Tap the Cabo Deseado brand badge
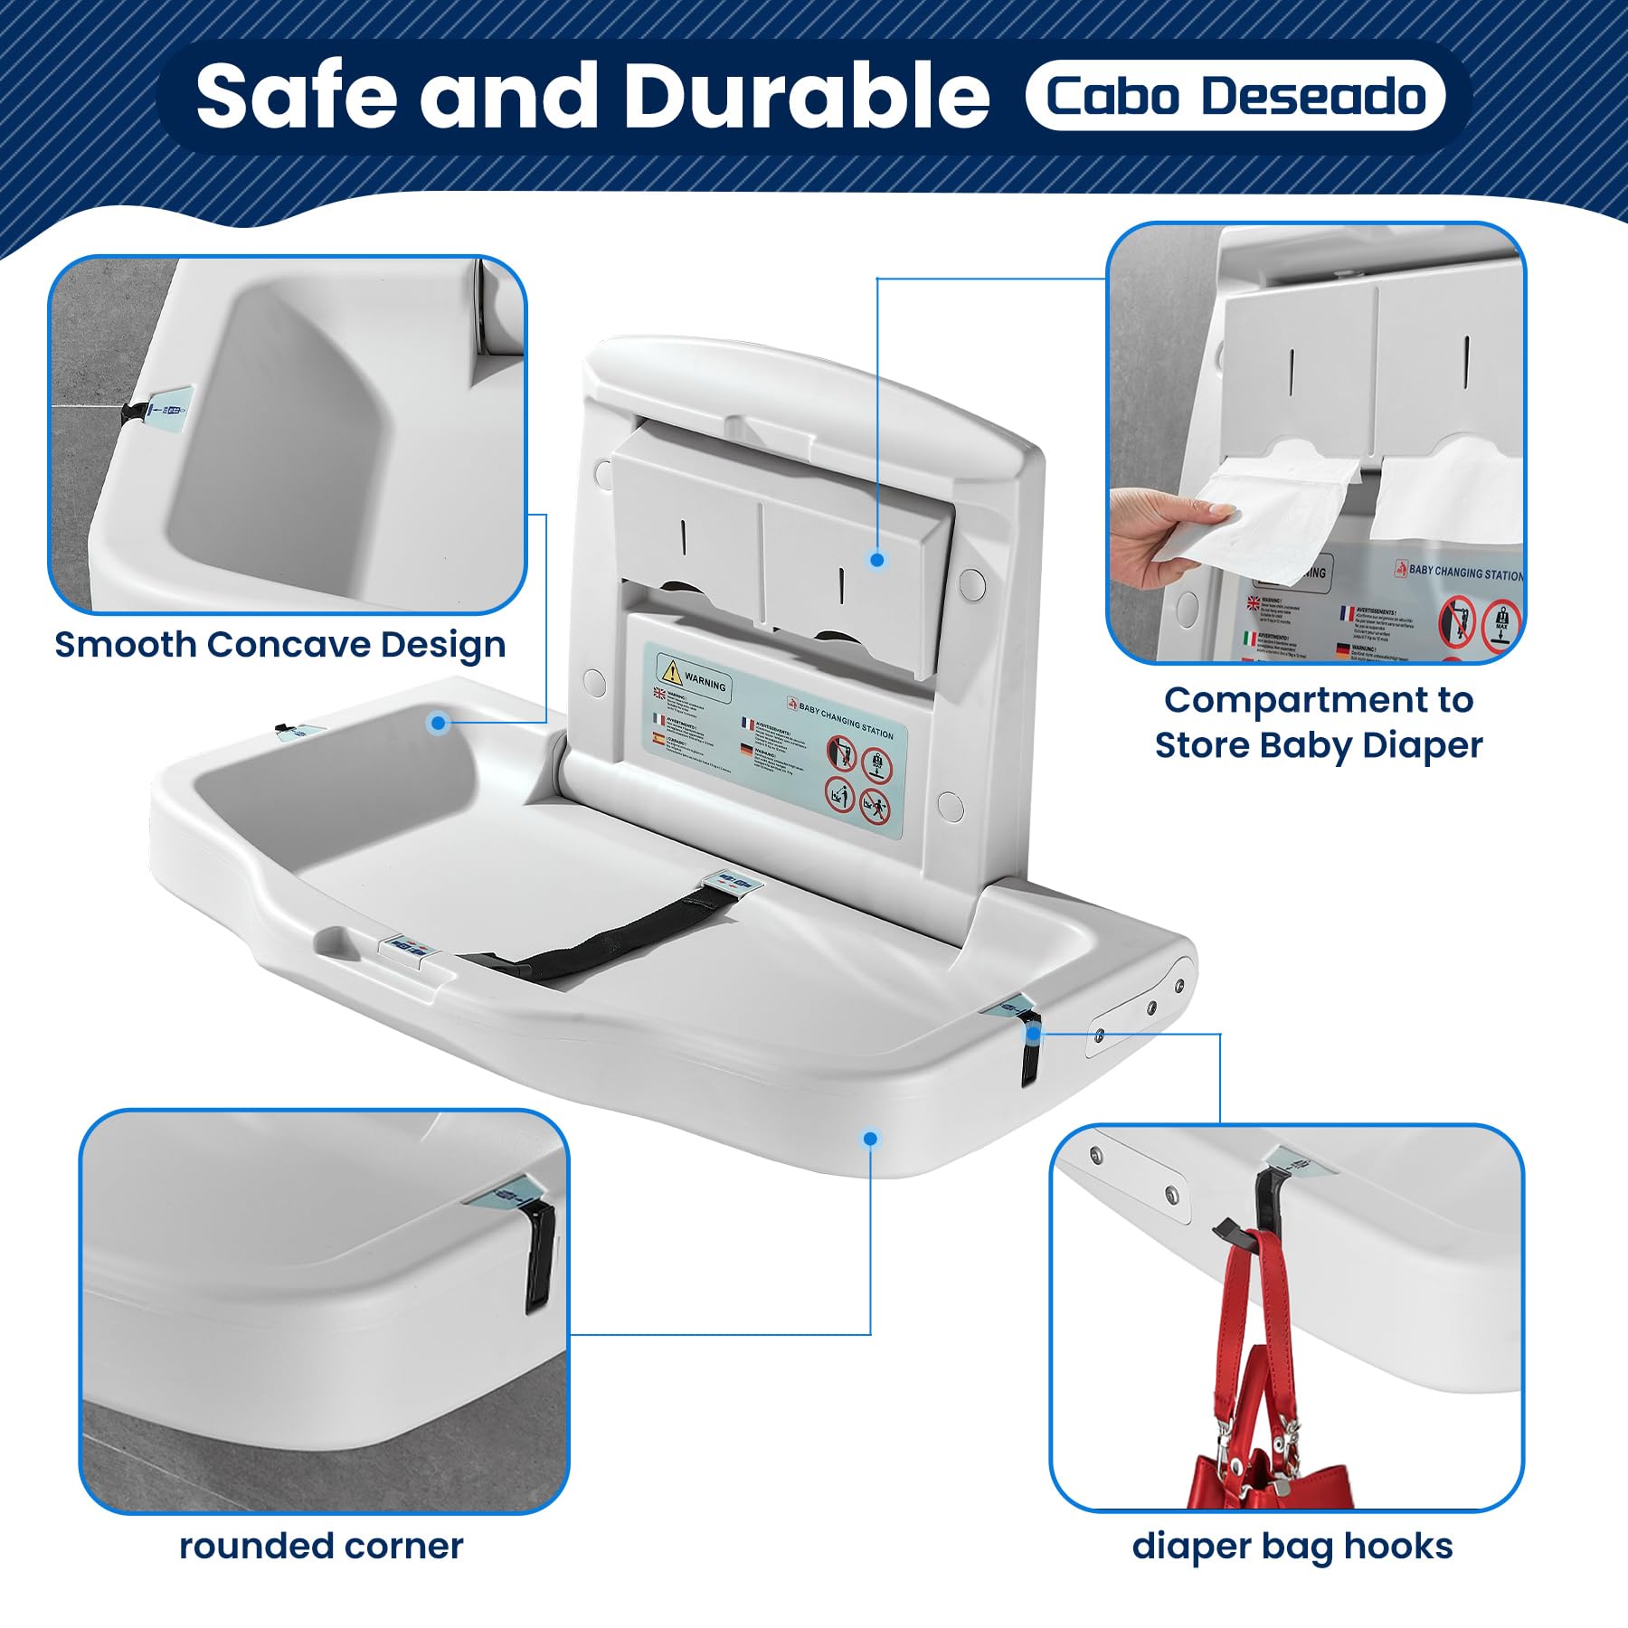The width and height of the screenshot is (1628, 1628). pyautogui.click(x=1235, y=96)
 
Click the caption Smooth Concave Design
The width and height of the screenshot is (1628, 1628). pyautogui.click(x=279, y=645)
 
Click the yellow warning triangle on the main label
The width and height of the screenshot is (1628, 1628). pyautogui.click(x=670, y=671)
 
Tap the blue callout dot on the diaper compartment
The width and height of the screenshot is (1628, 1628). pyautogui.click(x=876, y=560)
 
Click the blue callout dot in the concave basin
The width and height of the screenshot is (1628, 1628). pyautogui.click(x=439, y=722)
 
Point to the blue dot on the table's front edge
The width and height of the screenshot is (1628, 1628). pyautogui.click(x=870, y=1138)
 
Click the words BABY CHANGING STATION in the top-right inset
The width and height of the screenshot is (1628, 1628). pyautogui.click(x=1465, y=572)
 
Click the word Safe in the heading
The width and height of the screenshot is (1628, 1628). pyautogui.click(x=297, y=96)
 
